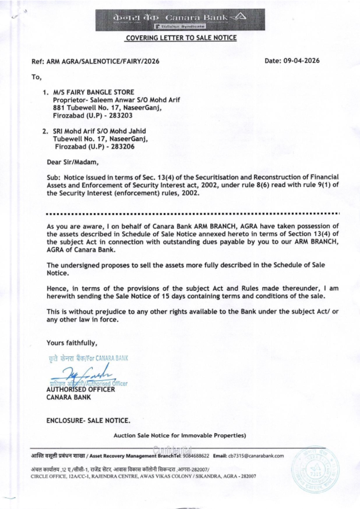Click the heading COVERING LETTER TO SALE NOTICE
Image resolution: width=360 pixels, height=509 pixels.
click(181, 38)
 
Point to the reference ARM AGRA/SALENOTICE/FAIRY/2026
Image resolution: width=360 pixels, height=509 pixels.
click(103, 61)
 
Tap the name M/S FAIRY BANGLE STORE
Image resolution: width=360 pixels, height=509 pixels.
click(93, 92)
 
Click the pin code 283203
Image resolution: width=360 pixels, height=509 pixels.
click(122, 116)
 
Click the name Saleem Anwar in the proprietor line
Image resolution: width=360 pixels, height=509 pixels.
click(103, 100)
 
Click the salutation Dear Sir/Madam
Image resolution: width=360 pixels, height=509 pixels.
click(73, 162)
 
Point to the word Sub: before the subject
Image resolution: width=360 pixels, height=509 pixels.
click(54, 177)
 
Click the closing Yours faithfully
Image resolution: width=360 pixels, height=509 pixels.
click(72, 343)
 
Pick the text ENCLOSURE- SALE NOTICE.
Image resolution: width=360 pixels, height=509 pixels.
click(89, 420)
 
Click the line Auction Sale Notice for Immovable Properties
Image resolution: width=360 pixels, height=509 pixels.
click(180, 436)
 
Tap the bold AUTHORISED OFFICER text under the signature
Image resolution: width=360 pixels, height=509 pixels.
click(81, 390)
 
